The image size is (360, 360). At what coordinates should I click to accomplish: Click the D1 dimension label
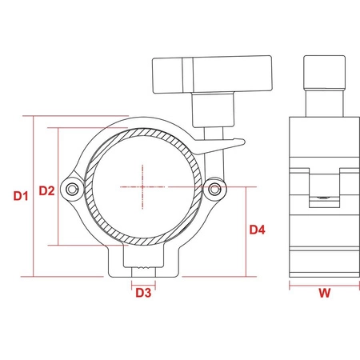[x=21, y=196]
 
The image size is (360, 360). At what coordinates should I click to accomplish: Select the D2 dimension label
[x=46, y=190]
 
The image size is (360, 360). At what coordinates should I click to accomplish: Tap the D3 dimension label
[x=143, y=293]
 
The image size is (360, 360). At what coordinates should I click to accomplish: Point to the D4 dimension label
[x=258, y=230]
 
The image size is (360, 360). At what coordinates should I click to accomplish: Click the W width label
[x=325, y=293]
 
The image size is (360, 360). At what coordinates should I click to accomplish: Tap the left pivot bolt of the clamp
[x=72, y=190]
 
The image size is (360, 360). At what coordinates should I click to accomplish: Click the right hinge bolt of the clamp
[x=214, y=189]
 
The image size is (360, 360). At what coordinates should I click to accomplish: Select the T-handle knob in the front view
[x=212, y=74]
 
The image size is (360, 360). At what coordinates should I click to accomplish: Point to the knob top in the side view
[x=325, y=72]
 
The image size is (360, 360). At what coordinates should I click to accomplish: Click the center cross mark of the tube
[x=142, y=186]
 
